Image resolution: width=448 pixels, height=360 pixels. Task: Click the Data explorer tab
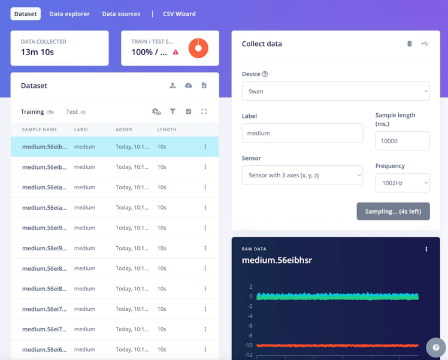tap(69, 14)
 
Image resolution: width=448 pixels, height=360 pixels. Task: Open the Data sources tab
tap(121, 14)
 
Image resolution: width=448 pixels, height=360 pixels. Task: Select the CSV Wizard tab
tap(179, 14)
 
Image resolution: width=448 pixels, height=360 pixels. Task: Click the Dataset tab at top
tap(26, 14)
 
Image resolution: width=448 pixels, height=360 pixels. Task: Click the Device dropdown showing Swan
tap(335, 91)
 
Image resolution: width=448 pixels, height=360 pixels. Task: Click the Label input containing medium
tap(302, 134)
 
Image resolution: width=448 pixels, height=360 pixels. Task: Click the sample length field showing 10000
tap(402, 141)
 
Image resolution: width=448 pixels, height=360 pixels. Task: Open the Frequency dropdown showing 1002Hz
tap(402, 183)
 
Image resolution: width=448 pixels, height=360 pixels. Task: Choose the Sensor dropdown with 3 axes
tap(302, 175)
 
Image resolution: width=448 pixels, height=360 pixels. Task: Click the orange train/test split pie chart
tap(198, 48)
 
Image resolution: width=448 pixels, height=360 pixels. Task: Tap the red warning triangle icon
tap(176, 52)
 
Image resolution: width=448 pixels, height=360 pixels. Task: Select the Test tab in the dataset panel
tap(72, 112)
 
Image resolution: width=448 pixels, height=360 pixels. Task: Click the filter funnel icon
tap(172, 111)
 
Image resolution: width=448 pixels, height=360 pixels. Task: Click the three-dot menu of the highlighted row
tap(205, 147)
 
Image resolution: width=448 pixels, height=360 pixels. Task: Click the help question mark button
tap(435, 347)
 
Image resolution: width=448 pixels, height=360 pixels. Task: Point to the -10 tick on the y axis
tap(249, 345)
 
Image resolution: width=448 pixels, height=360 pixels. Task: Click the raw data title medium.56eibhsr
tap(277, 260)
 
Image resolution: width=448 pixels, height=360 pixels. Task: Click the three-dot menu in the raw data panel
tap(426, 249)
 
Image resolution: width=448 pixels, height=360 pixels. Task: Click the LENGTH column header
tap(167, 129)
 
